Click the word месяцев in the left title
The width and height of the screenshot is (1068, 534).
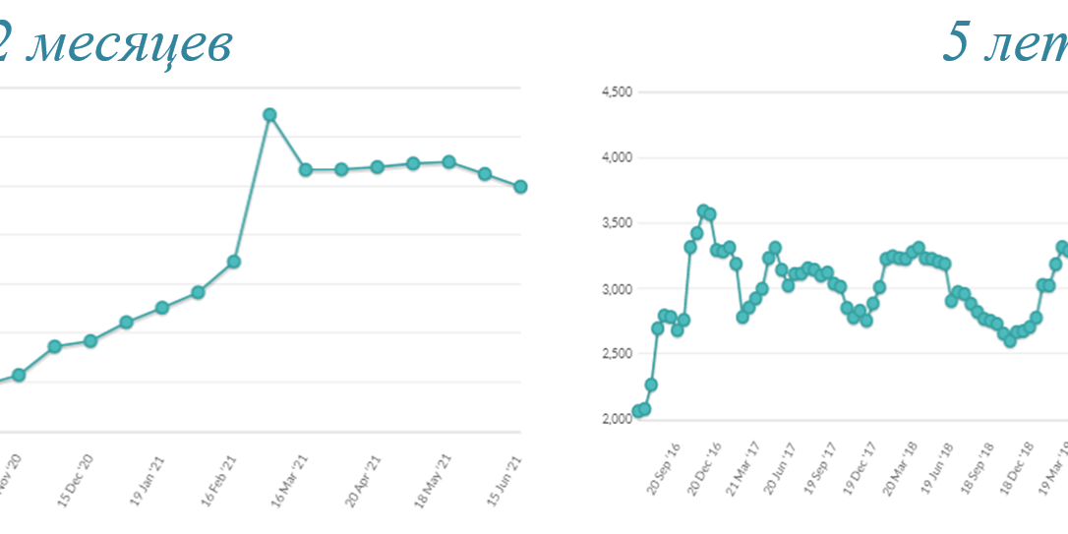pyautogui.click(x=127, y=44)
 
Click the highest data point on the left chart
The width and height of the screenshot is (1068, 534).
pyautogui.click(x=269, y=115)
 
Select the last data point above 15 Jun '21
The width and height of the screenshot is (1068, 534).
pyautogui.click(x=520, y=186)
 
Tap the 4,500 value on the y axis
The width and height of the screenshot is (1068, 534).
pyautogui.click(x=617, y=92)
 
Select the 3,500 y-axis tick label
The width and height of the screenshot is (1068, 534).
pyautogui.click(x=617, y=223)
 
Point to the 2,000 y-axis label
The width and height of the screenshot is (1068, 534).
pyautogui.click(x=617, y=419)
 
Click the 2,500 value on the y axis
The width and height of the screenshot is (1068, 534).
pyautogui.click(x=617, y=354)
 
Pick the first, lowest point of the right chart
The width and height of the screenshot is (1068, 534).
pyautogui.click(x=638, y=411)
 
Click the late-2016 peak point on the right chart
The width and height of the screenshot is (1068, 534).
pyautogui.click(x=703, y=210)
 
